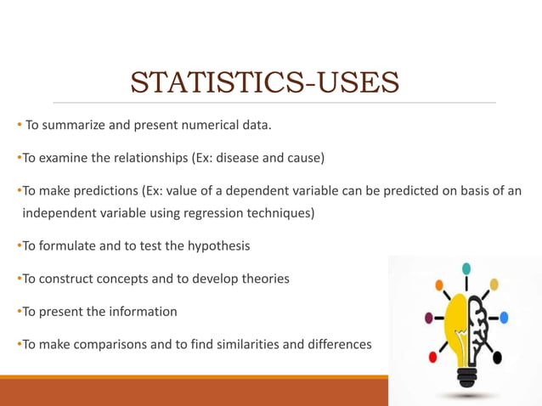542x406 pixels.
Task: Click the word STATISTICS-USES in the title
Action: click(x=264, y=83)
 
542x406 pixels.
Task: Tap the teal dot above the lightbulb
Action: click(x=466, y=268)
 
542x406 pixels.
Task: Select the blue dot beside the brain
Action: click(x=504, y=318)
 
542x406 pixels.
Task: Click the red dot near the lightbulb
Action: click(x=432, y=358)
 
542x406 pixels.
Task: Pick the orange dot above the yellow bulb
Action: click(x=438, y=285)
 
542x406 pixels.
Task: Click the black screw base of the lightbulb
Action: click(x=466, y=375)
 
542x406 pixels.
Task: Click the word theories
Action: click(x=263, y=279)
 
